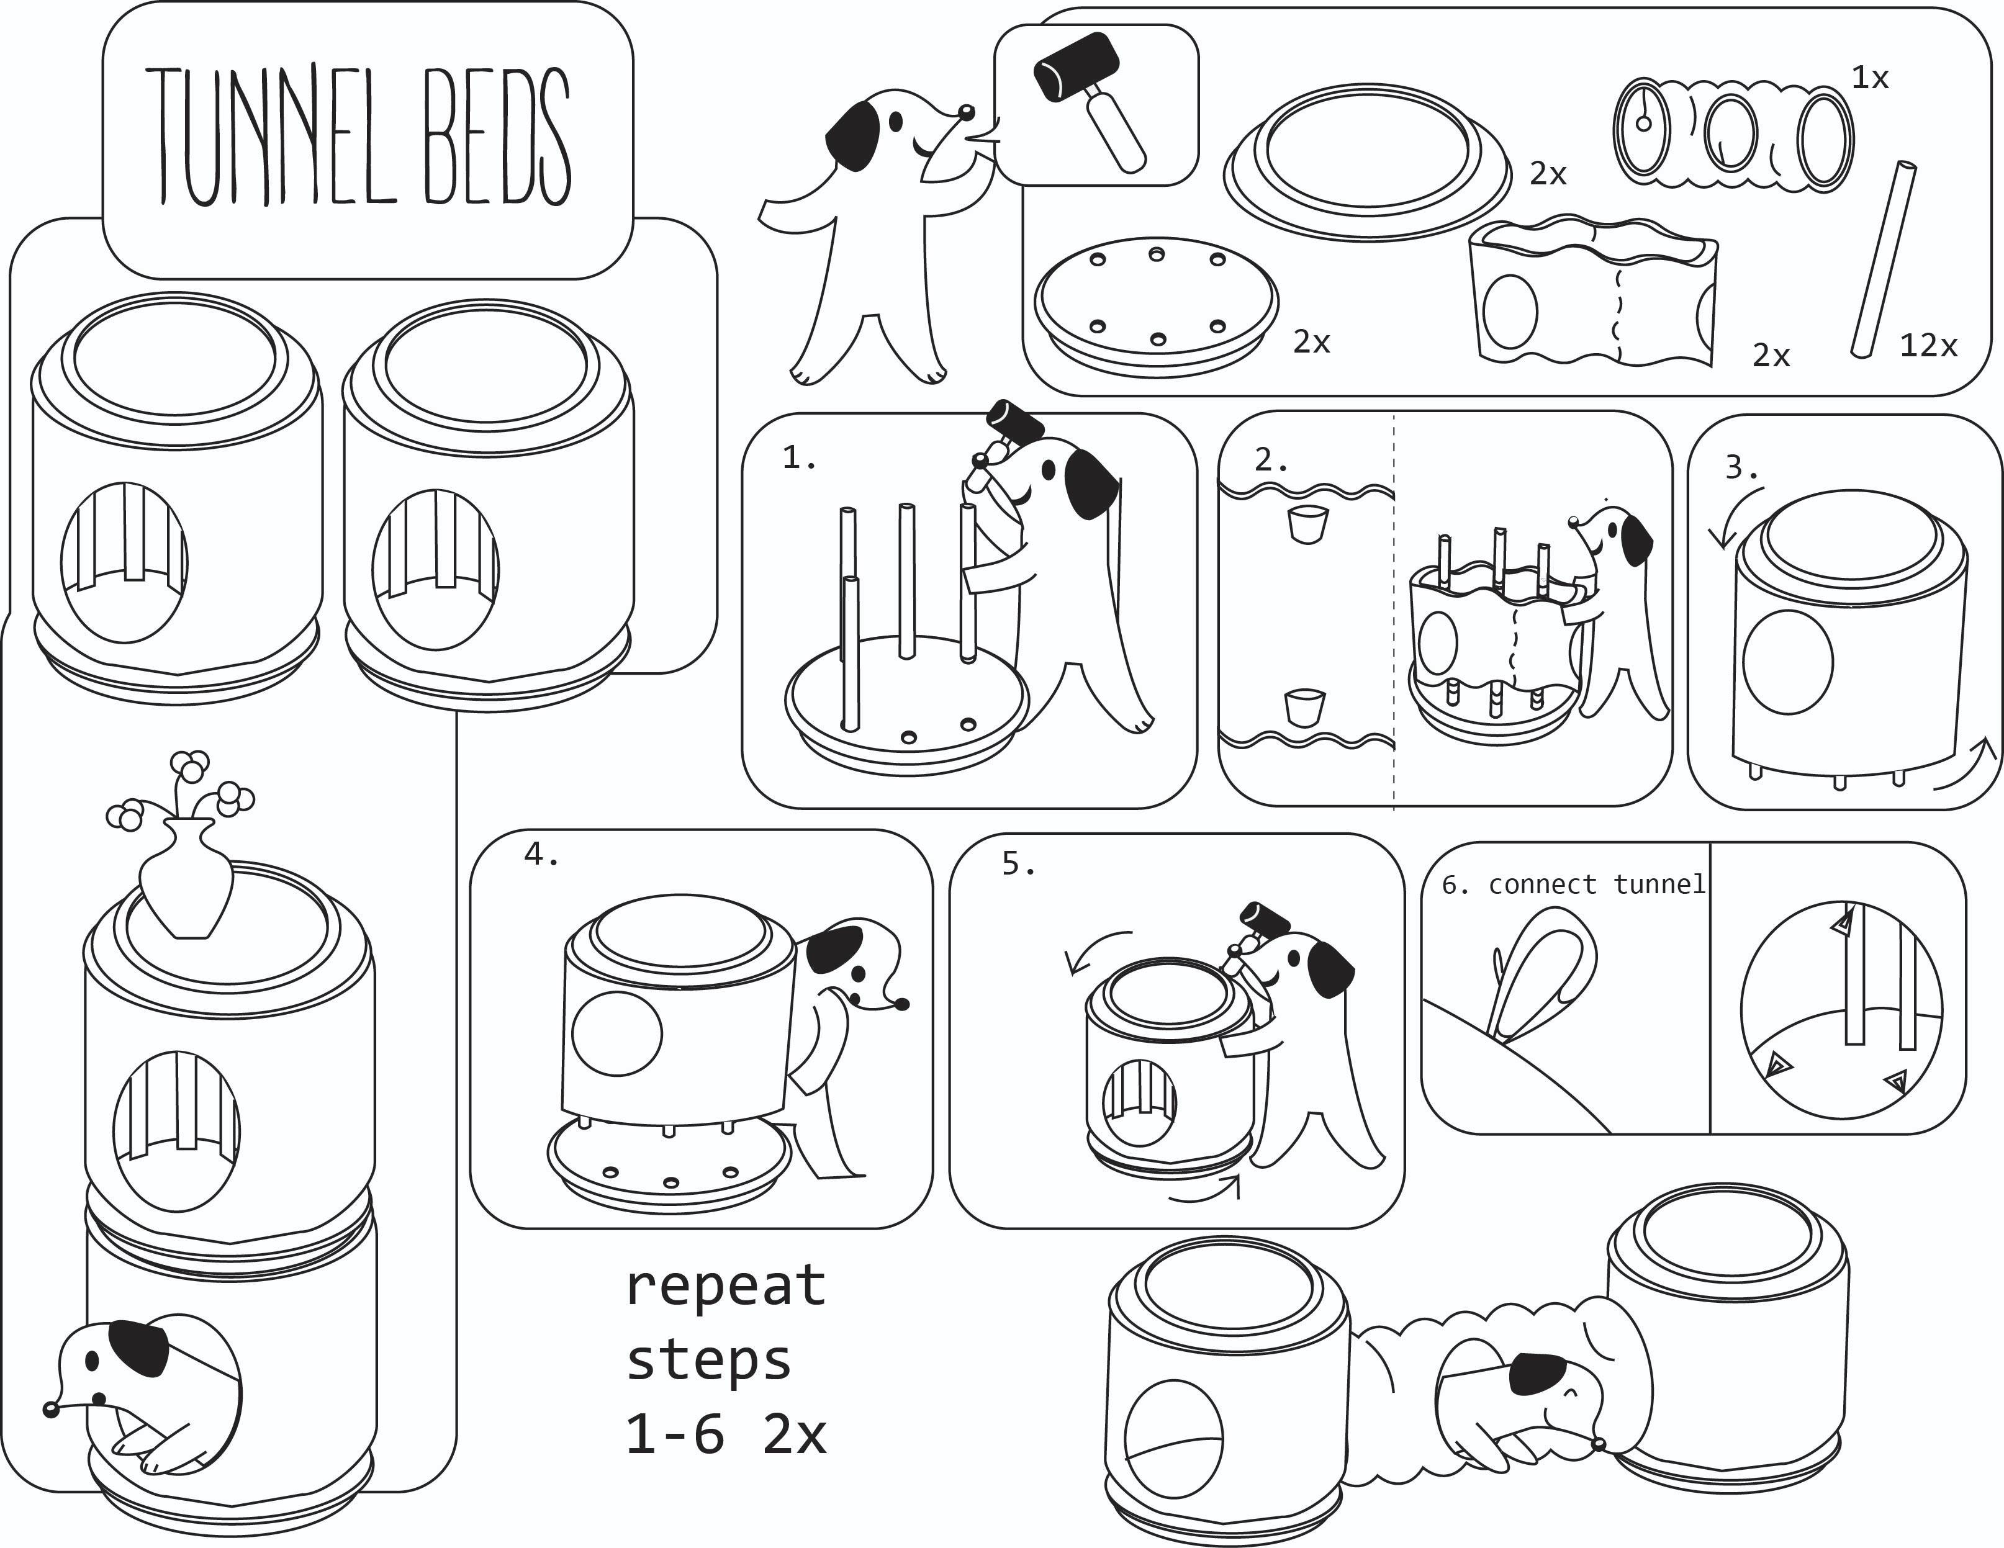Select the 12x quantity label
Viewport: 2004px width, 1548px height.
(x=1928, y=346)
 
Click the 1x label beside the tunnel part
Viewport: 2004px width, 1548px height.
(x=1870, y=79)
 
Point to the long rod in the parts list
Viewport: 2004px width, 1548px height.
(x=1884, y=259)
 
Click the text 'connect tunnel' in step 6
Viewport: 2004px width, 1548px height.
(x=1597, y=884)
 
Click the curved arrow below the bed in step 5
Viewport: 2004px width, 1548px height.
(x=1207, y=1194)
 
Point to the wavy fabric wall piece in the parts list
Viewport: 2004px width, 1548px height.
(x=1592, y=294)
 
